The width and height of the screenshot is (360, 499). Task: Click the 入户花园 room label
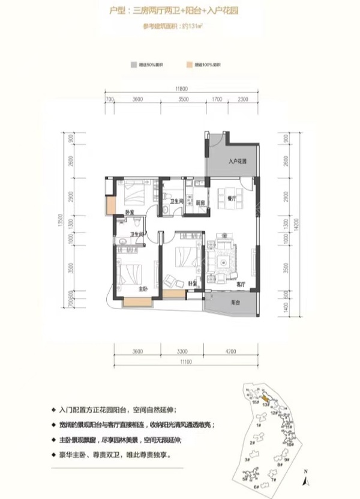(238, 162)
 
